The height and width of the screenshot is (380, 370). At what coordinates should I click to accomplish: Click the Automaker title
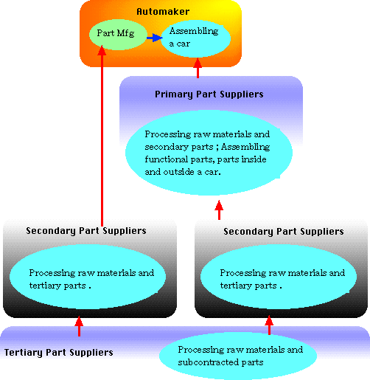click(x=163, y=12)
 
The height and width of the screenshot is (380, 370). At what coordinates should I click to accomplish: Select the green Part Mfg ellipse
click(x=118, y=35)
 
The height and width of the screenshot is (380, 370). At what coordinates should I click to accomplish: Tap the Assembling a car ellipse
click(x=195, y=38)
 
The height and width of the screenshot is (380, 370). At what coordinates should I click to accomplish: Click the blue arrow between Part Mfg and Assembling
click(x=155, y=38)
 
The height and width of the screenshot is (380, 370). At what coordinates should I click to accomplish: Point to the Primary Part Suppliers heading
click(x=209, y=94)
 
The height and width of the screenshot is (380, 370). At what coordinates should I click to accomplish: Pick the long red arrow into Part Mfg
click(x=102, y=136)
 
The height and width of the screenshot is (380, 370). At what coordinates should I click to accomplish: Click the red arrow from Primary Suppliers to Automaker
click(x=198, y=68)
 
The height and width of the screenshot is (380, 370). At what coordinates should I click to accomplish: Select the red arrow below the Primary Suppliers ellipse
click(x=219, y=210)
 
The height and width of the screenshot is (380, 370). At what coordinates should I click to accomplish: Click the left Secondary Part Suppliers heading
click(x=86, y=231)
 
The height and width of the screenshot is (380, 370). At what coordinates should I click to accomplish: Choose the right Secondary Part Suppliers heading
click(x=284, y=232)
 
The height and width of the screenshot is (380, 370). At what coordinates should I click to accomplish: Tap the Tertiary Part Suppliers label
click(x=59, y=353)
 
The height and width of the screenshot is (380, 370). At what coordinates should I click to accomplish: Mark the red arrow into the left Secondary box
click(x=79, y=326)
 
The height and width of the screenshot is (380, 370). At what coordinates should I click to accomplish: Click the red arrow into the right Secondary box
click(x=269, y=325)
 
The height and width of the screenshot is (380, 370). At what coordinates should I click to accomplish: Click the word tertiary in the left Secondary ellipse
click(x=45, y=286)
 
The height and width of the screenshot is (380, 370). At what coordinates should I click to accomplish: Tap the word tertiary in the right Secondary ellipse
click(x=236, y=286)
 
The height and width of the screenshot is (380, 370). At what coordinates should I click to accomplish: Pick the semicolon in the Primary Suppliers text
click(x=217, y=148)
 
